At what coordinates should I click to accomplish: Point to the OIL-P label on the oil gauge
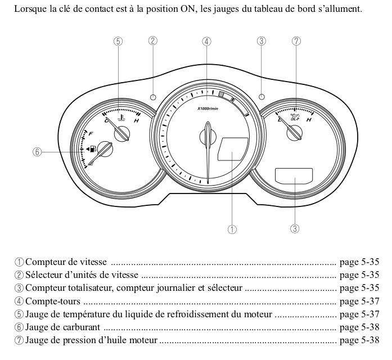coord(294,119)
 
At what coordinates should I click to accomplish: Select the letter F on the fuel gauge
coord(91,133)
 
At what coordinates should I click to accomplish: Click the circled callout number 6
coord(37,152)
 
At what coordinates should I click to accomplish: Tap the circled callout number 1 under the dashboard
coord(231,229)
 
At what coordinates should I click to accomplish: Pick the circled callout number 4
coord(207,41)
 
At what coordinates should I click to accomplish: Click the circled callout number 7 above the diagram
coord(296,41)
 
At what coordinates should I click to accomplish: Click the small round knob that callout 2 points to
coord(153,97)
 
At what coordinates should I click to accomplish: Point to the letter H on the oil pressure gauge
coord(309,120)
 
